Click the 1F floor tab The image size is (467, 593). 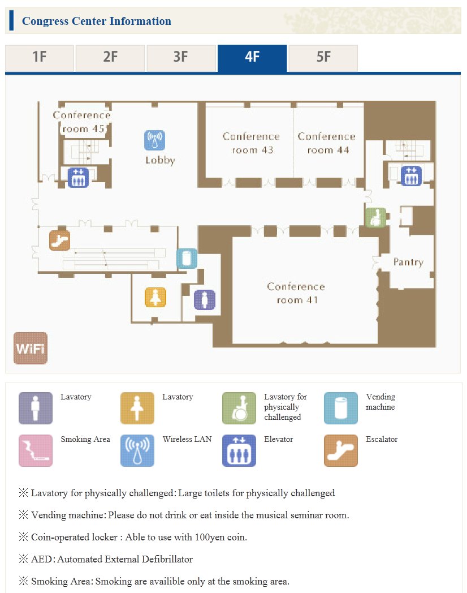coord(40,58)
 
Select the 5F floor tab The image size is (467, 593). coord(323,58)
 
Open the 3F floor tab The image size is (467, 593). coord(181,58)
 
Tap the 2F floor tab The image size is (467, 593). coord(110,58)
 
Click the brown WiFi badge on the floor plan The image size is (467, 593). coord(31,349)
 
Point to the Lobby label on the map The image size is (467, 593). coord(160,160)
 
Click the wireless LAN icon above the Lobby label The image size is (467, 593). coord(154,140)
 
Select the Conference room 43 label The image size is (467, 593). coord(251,143)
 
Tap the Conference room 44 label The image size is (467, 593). coord(327,143)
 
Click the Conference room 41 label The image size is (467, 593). coord(296,293)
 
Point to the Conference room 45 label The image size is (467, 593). coord(82,122)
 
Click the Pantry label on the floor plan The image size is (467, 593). coord(408,263)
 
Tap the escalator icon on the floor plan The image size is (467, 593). coord(60,240)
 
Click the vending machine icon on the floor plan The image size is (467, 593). coord(187,258)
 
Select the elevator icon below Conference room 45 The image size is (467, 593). coord(78,177)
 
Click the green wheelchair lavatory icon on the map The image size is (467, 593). coord(376,218)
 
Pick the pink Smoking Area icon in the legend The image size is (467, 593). coord(36,450)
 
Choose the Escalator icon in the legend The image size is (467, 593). coord(341,450)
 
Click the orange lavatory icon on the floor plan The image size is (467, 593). coord(155,297)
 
